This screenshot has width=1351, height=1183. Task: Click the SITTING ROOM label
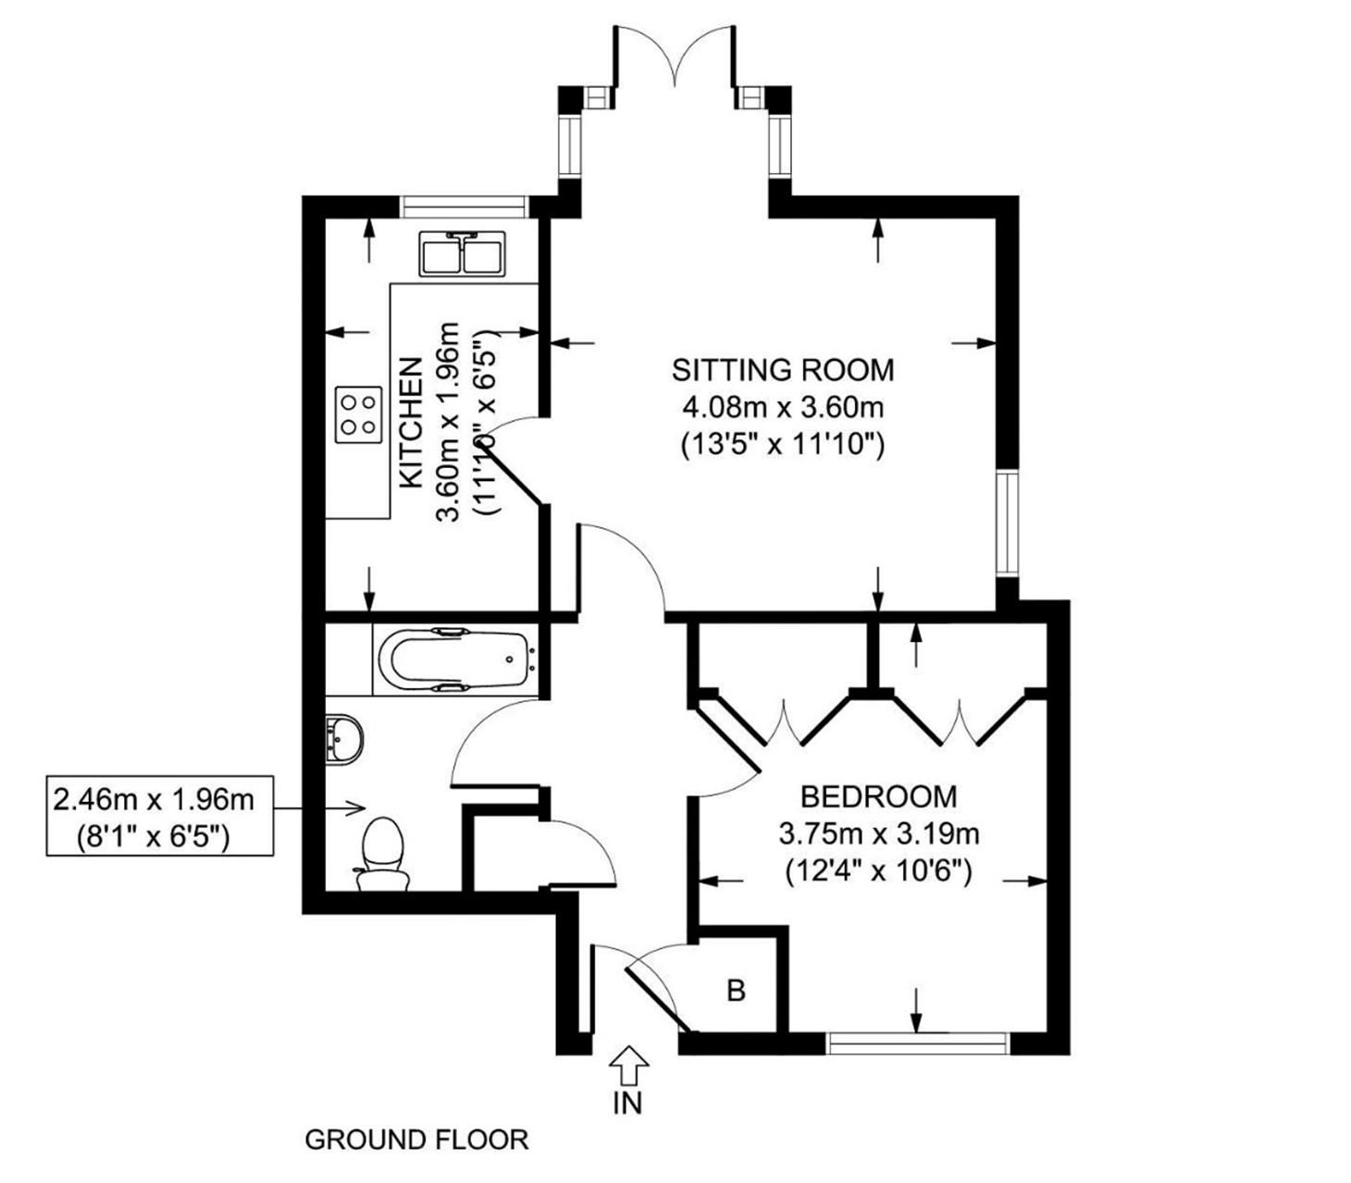[783, 370]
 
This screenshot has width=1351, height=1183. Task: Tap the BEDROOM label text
[878, 796]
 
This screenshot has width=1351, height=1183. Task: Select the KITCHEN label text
[411, 424]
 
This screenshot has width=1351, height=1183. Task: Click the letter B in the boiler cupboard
[736, 991]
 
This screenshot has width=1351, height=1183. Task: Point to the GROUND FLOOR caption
[416, 1140]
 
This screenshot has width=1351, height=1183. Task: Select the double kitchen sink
[461, 253]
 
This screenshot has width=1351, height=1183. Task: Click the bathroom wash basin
[344, 738]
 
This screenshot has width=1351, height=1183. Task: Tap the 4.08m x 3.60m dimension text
[783, 407]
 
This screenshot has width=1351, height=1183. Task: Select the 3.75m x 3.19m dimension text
[878, 834]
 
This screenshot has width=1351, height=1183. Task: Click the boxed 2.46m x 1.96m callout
[160, 816]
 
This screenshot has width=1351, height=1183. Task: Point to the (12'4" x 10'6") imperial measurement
[878, 871]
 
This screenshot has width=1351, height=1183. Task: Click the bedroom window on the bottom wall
[917, 1043]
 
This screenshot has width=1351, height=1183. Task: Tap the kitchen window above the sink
[464, 205]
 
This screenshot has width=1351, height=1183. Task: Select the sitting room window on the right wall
[1007, 524]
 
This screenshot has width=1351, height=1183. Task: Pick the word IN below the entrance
[628, 1103]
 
